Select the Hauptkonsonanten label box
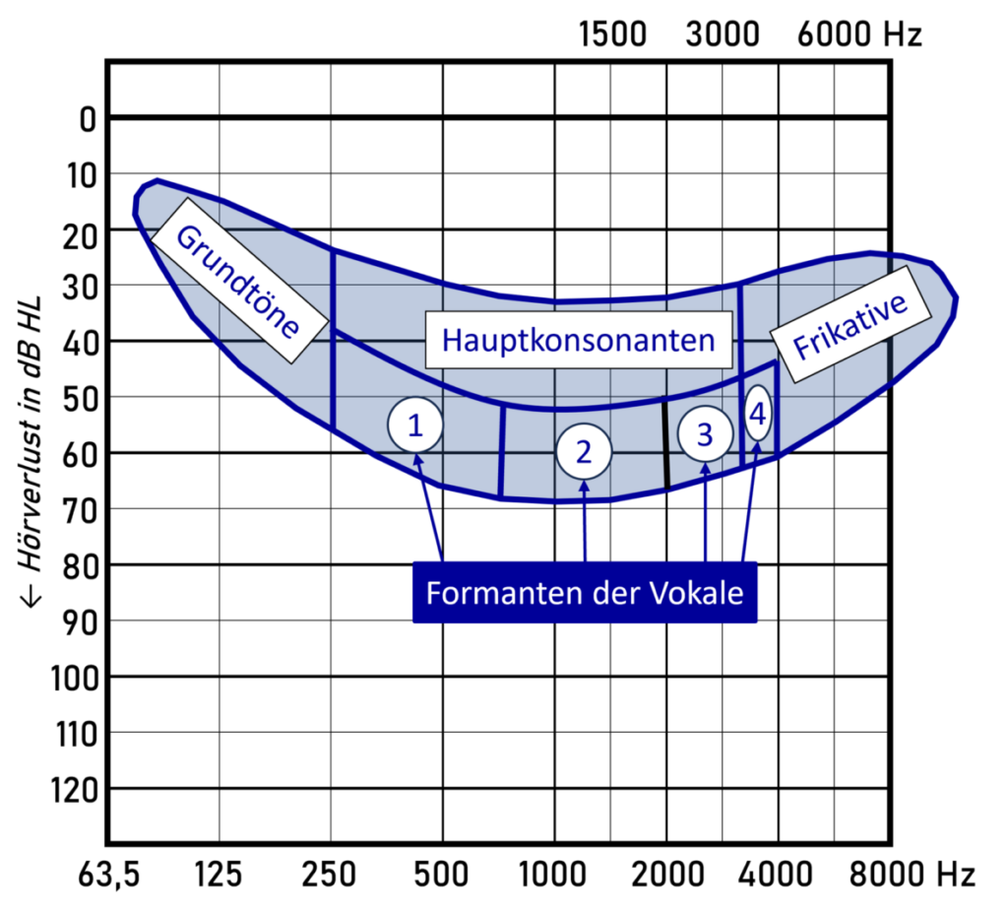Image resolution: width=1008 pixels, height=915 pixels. (x=579, y=340)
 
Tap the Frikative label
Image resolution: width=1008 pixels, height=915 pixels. (x=849, y=326)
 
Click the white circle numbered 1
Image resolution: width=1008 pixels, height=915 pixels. (x=415, y=425)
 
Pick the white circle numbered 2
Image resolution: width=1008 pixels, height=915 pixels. (x=584, y=452)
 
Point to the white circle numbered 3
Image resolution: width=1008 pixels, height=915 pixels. (x=705, y=434)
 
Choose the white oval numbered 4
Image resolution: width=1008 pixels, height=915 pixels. (x=757, y=415)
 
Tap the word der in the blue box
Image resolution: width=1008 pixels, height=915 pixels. (x=616, y=595)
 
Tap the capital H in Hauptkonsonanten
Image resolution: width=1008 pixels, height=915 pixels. (x=453, y=341)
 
